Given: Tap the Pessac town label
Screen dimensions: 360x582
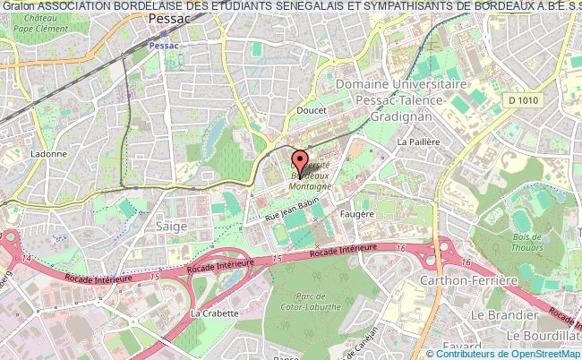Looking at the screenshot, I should click(170, 19).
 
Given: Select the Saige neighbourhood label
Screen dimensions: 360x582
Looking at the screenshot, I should click(171, 227).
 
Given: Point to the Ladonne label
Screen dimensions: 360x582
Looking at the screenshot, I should click(47, 153).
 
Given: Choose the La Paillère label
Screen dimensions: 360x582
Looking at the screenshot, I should click(419, 141).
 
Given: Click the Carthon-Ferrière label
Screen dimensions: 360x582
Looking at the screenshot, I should click(469, 280).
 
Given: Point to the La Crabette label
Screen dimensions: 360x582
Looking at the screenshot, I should click(215, 313).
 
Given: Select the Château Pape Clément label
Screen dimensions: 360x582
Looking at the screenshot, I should click(30, 22).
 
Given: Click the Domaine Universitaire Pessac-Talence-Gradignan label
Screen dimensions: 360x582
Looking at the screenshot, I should click(402, 100).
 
